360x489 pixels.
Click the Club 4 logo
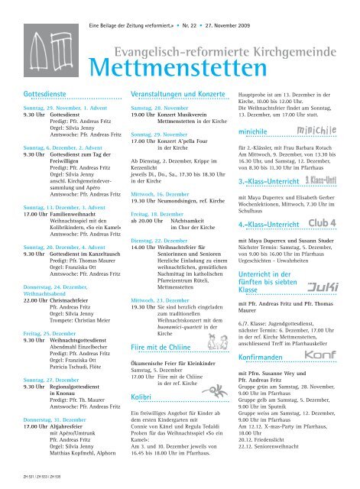pyautogui.click(x=335, y=223)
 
